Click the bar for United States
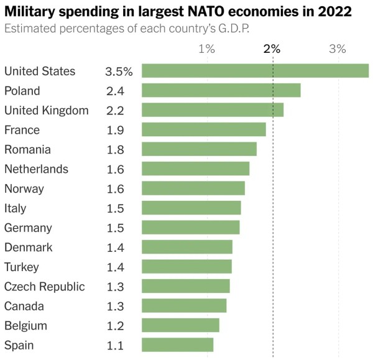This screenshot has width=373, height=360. point(256,71)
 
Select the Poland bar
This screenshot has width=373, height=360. point(221,90)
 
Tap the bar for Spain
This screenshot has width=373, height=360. point(177,344)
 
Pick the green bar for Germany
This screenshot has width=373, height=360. point(191,227)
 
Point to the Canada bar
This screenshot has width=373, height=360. point(184,305)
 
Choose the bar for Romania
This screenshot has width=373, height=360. point(199,149)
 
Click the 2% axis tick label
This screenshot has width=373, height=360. point(272,48)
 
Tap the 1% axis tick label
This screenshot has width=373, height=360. point(207,48)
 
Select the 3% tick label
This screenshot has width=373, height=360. point(338,48)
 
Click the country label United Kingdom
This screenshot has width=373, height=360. point(47,111)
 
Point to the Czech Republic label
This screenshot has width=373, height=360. point(45,287)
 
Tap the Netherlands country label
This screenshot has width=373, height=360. point(37,169)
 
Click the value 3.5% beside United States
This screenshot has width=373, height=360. point(119,72)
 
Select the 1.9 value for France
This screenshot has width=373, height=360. point(116,130)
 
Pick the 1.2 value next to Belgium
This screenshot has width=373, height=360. point(116,326)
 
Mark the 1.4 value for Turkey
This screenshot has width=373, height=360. point(116,267)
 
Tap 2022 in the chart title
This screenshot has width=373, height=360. point(334,11)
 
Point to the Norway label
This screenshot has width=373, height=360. point(24,189)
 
